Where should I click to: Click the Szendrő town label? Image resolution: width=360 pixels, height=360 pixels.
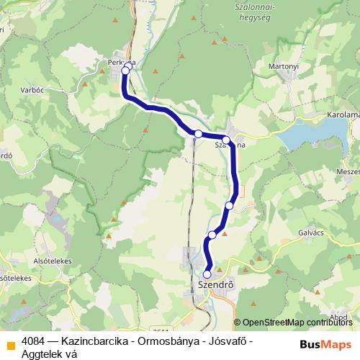[x=215, y=285]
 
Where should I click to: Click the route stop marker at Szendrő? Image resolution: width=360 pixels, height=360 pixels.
[x=207, y=274]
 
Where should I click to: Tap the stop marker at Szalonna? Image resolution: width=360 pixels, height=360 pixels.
[x=226, y=140]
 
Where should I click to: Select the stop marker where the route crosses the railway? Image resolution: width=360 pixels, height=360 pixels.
[x=198, y=134]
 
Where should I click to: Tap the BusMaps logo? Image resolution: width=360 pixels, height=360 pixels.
[x=325, y=344]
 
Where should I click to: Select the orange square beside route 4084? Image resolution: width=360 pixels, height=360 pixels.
[x=10, y=345]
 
